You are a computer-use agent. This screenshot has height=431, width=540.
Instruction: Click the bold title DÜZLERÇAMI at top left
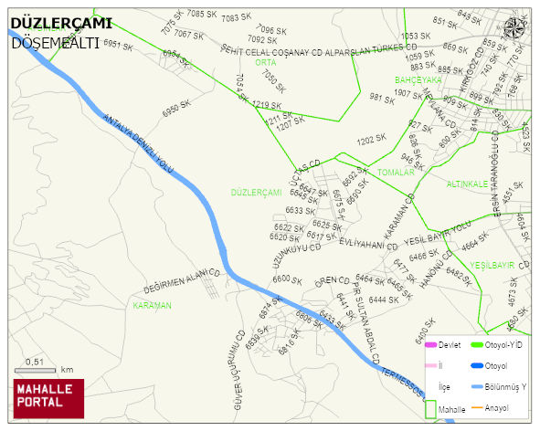pyautogui.click(x=60, y=24)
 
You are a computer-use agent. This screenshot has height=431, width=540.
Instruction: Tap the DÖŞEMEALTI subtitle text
pyautogui.click(x=54, y=42)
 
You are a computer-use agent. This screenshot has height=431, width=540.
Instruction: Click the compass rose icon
pyautogui.click(x=515, y=27)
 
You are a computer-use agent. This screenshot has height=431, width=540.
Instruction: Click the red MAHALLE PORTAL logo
pyautogui.click(x=48, y=398)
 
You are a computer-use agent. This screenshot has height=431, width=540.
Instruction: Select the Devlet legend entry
pyautogui.click(x=444, y=344)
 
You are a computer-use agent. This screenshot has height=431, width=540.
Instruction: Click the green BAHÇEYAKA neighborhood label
pyautogui.click(x=418, y=80)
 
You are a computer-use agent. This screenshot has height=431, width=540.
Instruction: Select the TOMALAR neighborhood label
pyautogui.click(x=396, y=172)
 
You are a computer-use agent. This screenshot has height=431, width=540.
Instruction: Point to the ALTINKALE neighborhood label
pyautogui.click(x=467, y=184)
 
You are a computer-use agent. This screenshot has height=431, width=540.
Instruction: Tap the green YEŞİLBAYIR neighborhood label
pyautogui.click(x=492, y=265)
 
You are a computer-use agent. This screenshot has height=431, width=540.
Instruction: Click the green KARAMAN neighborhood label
pyautogui.click(x=152, y=305)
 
